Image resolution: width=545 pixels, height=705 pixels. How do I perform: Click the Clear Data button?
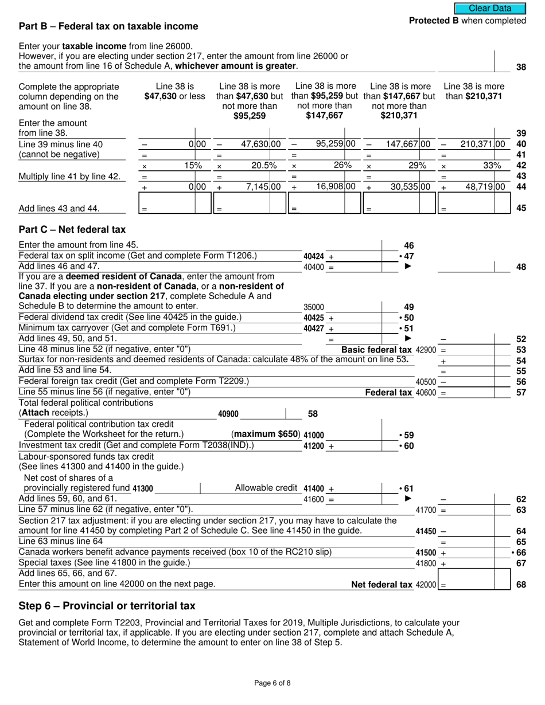pyautogui.click(x=489, y=8)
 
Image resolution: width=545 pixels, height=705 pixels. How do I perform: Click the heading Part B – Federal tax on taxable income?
pyautogui.click(x=108, y=26)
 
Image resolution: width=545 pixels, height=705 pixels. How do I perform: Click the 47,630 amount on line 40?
pyautogui.click(x=256, y=144)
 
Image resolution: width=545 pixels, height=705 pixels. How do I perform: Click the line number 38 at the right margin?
pyautogui.click(x=521, y=67)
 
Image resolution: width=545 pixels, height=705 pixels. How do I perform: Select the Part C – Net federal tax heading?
pyautogui.click(x=72, y=229)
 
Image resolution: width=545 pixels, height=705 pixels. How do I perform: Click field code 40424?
pyautogui.click(x=313, y=256)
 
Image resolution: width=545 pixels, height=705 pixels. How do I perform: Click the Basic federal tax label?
pyautogui.click(x=376, y=350)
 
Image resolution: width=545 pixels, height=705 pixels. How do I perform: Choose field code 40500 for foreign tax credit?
pyautogui.click(x=426, y=382)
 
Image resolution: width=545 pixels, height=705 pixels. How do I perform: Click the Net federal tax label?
pyautogui.click(x=381, y=585)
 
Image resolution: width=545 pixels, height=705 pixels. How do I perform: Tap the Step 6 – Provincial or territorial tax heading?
pyautogui.click(x=107, y=606)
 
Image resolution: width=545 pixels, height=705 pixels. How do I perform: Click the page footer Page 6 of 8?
pyautogui.click(x=272, y=683)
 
